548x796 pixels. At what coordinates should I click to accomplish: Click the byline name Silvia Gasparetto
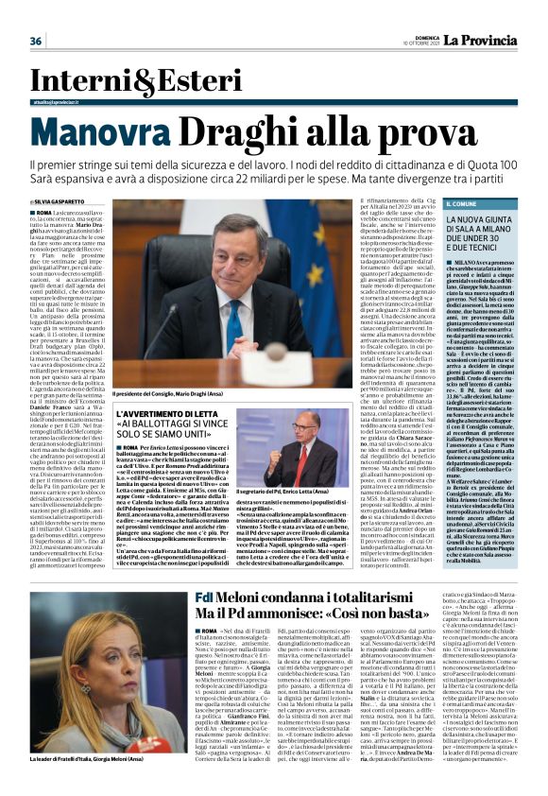click(60, 202)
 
